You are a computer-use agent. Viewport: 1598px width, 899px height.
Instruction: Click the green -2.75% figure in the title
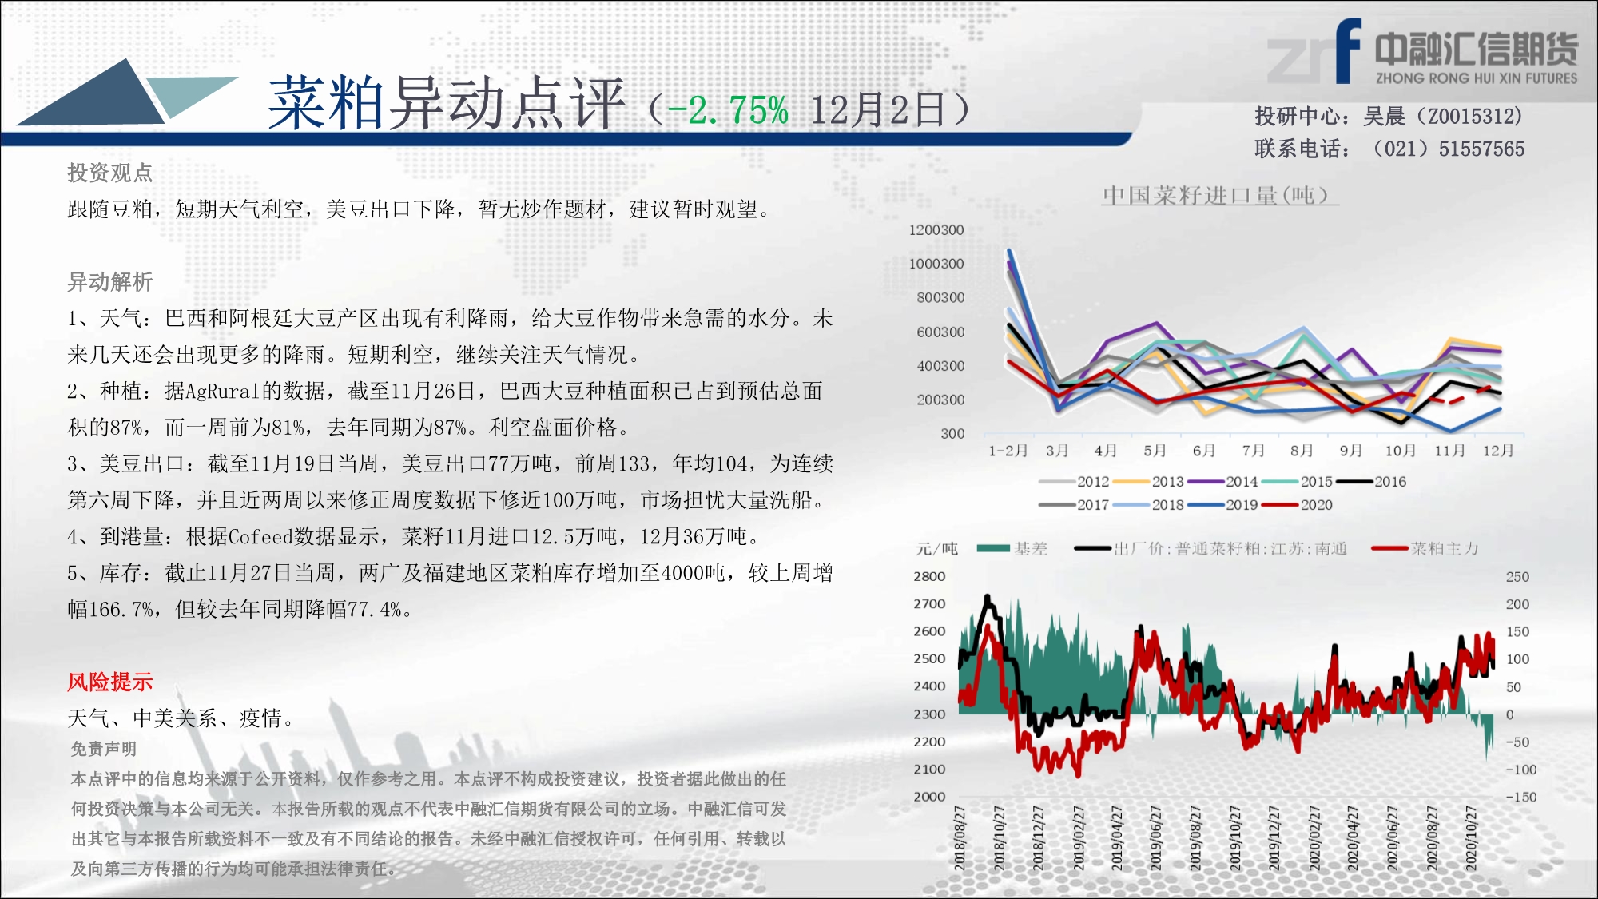pyautogui.click(x=728, y=110)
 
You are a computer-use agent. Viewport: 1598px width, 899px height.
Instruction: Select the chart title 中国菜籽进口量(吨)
pyautogui.click(x=1219, y=195)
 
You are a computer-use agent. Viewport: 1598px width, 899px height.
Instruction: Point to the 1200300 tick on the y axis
pyautogui.click(x=936, y=230)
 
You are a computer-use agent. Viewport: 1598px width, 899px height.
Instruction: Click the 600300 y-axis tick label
pyautogui.click(x=940, y=332)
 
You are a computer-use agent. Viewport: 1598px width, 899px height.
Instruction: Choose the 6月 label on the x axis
pyautogui.click(x=1204, y=451)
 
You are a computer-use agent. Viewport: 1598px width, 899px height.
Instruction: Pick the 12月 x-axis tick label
pyautogui.click(x=1498, y=451)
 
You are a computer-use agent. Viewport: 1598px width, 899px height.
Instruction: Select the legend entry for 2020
pyautogui.click(x=1298, y=505)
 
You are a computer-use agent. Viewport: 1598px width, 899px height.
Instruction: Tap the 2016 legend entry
pyautogui.click(x=1372, y=482)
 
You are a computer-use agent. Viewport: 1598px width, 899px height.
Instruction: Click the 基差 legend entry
pyautogui.click(x=1012, y=548)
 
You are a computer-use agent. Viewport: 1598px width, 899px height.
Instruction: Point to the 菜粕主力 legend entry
pyautogui.click(x=1425, y=548)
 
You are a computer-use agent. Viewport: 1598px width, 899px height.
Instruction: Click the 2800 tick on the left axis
pyautogui.click(x=929, y=576)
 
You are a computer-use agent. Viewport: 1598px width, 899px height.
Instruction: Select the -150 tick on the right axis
pyautogui.click(x=1521, y=797)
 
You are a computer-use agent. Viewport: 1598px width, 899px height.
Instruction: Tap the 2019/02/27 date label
pyautogui.click(x=1078, y=837)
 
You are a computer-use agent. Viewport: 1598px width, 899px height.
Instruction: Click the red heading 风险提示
pyautogui.click(x=110, y=682)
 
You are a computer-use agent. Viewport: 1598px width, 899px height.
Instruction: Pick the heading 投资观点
pyautogui.click(x=110, y=173)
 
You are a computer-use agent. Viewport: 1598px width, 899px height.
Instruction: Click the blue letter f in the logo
pyautogui.click(x=1348, y=50)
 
